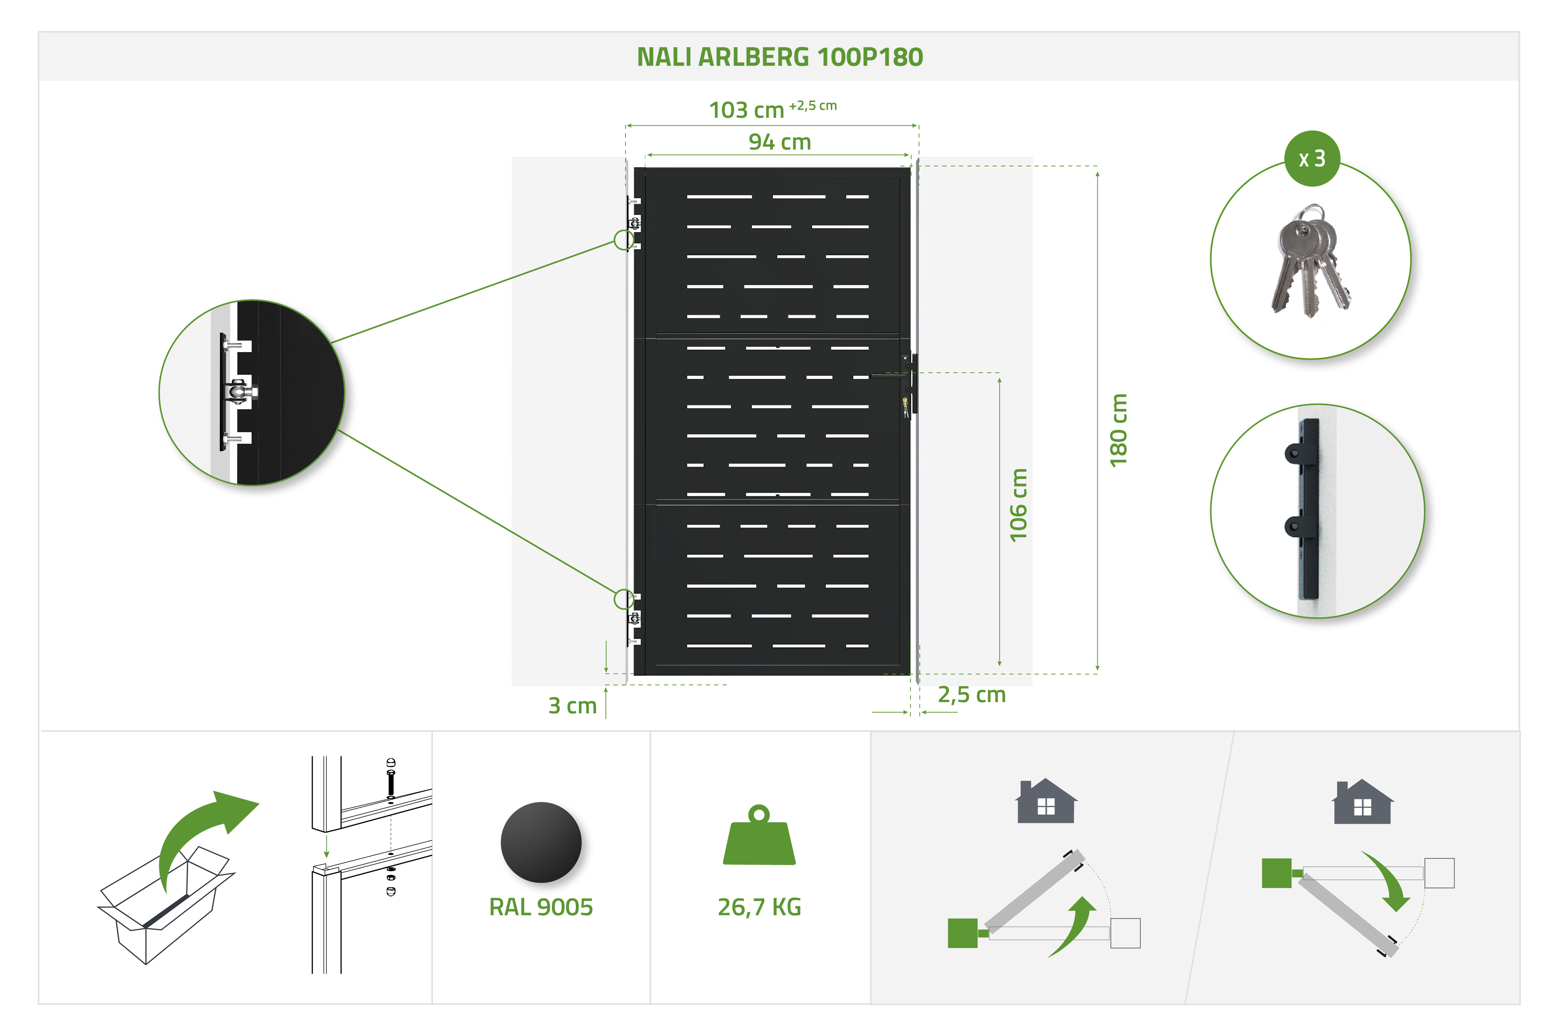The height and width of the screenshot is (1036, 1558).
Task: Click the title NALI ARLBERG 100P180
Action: pos(779,58)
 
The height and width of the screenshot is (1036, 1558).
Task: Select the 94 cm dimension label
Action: pos(779,142)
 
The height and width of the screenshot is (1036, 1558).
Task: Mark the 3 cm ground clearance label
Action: pos(572,705)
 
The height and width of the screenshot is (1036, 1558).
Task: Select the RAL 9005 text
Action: pos(541,907)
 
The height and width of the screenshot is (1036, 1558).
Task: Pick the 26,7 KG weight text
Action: pos(759,907)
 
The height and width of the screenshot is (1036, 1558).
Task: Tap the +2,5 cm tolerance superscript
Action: pos(813,106)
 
